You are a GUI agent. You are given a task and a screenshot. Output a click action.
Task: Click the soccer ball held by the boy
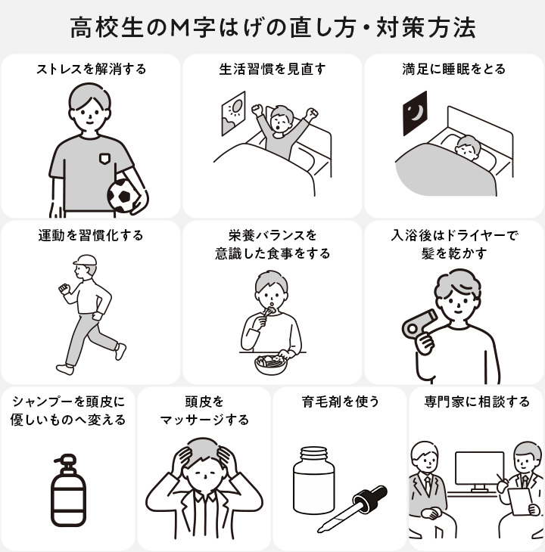tap(124, 196)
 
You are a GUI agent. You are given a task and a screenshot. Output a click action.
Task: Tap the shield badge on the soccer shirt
tap(104, 159)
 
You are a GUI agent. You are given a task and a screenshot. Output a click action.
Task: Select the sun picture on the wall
tap(234, 113)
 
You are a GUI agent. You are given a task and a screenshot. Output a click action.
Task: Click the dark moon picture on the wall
tap(415, 113)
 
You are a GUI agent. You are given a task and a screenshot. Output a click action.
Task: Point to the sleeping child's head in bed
tap(468, 147)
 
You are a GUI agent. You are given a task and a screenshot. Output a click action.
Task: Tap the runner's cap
tap(85, 260)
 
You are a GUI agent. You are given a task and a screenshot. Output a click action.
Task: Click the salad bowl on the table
tap(271, 364)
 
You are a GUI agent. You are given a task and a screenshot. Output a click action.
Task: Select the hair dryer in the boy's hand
tap(419, 325)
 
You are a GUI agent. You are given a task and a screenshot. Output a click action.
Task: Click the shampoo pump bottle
tap(68, 490)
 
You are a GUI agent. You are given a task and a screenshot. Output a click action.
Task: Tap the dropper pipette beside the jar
tap(352, 509)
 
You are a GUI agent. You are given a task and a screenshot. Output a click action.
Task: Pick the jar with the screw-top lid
tap(314, 480)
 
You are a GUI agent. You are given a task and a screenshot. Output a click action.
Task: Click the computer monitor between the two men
tap(479, 470)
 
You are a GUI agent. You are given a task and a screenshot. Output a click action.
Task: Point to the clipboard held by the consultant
tap(520, 501)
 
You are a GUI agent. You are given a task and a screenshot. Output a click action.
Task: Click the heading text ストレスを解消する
tap(92, 69)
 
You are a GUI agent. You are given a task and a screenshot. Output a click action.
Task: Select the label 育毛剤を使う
tap(341, 402)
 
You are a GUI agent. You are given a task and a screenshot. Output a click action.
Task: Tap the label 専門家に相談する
tap(477, 402)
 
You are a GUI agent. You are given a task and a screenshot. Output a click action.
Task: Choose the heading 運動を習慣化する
tap(91, 235)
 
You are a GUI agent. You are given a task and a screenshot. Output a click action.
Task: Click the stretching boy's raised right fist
tap(257, 110)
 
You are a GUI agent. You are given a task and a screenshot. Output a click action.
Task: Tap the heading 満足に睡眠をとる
tap(454, 69)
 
